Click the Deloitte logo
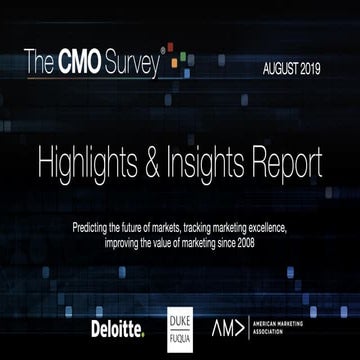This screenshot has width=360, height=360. tap(117, 327)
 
